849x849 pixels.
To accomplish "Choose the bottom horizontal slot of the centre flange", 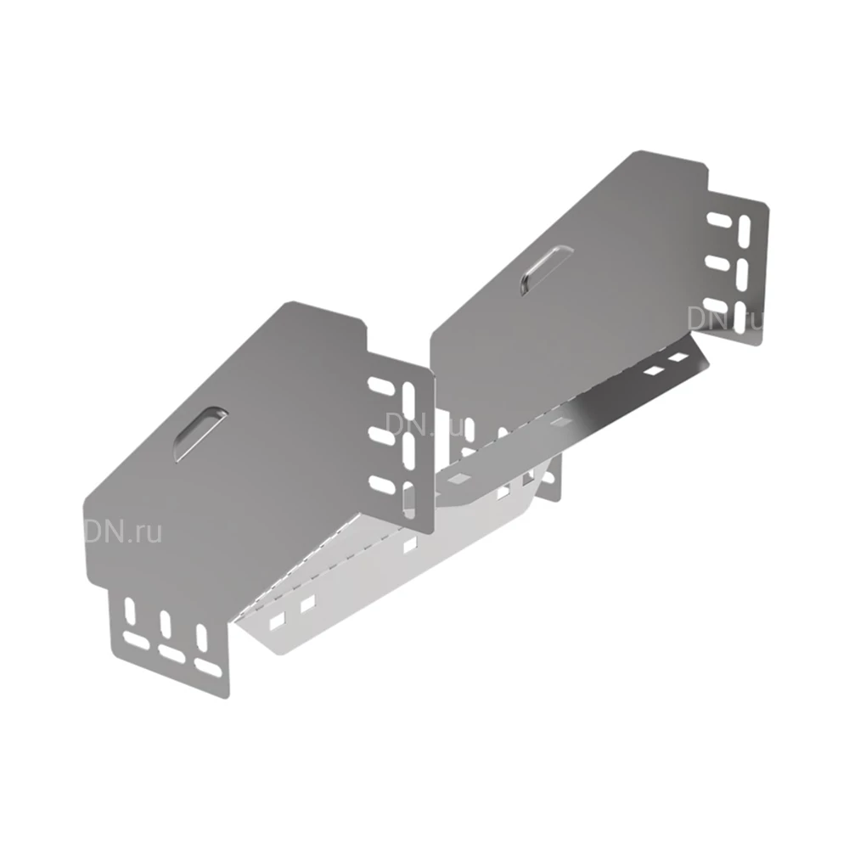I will click(383, 485).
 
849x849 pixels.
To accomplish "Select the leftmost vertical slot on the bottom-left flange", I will click(129, 613).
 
